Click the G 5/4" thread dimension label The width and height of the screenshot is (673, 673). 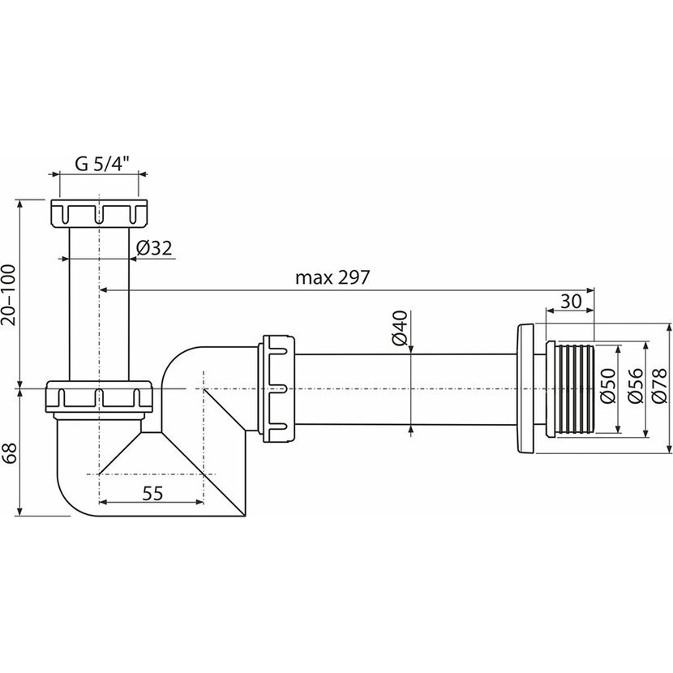102,164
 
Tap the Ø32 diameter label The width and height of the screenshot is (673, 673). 154,248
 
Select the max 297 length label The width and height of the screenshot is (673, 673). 332,277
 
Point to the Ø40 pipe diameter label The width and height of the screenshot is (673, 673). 400,328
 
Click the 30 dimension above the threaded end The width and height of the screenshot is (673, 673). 571,302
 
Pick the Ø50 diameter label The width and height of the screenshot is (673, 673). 608,386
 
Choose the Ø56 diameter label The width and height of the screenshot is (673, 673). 635,386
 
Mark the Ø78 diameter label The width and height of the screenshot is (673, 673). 659,386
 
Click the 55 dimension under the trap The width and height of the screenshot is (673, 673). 152,494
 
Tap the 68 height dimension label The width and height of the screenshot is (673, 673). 10,452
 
